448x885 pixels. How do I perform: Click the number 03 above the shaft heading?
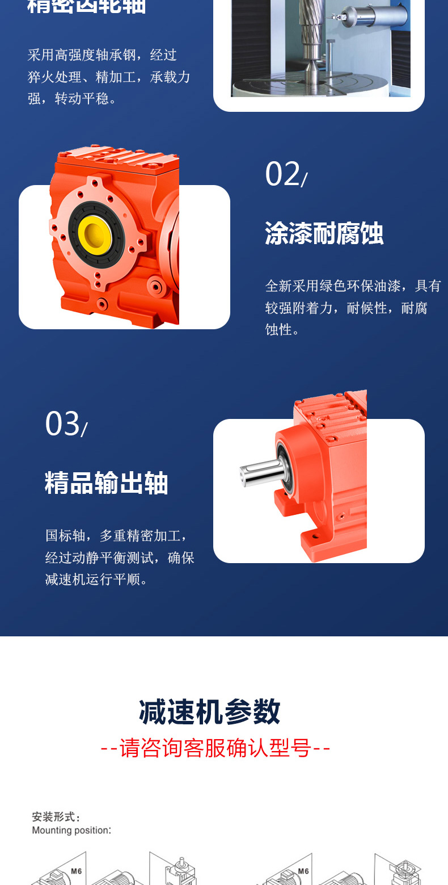62,423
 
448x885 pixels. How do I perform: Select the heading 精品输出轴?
107,484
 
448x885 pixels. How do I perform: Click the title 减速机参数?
210,712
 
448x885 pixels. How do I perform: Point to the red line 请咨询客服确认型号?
215,748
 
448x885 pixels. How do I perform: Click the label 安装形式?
56,817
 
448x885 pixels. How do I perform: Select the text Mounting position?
71,831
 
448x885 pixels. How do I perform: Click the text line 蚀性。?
283,330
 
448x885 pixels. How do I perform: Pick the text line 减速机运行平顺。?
97,580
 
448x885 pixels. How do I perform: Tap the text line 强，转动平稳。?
73,99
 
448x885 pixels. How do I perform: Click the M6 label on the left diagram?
77,871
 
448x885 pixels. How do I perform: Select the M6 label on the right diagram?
303,871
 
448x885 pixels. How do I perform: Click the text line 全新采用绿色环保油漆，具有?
353,286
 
